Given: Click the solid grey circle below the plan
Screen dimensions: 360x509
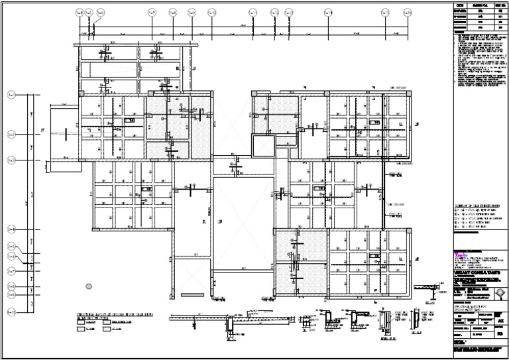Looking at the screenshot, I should pos(89,286).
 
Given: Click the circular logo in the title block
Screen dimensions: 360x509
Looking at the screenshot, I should pos(498,292).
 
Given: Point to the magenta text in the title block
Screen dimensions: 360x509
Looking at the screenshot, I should pos(457,253).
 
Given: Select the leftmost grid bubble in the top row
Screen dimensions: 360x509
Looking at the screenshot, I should pos(80,13).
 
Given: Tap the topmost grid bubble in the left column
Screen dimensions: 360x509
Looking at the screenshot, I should pos(11,95).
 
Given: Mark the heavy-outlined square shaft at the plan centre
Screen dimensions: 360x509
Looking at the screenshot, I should pos(262,144).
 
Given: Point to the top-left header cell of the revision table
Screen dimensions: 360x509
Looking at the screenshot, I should pos(461,5).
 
